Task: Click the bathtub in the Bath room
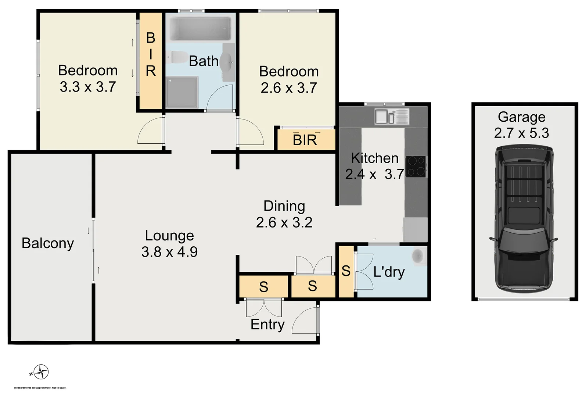(200, 29)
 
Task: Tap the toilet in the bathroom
(177, 57)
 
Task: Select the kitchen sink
(391, 117)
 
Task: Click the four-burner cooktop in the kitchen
(416, 167)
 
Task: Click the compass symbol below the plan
(41, 372)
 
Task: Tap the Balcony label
(48, 243)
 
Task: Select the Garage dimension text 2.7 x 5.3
(521, 133)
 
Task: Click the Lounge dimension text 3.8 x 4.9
(169, 252)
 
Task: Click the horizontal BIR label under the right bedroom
(305, 140)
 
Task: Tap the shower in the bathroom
(181, 92)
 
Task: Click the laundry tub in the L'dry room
(418, 255)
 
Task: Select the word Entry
(267, 325)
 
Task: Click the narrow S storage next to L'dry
(346, 271)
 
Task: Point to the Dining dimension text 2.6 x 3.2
(284, 222)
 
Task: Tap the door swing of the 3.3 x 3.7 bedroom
(151, 132)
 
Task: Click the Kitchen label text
(374, 158)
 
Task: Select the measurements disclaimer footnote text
(40, 388)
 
